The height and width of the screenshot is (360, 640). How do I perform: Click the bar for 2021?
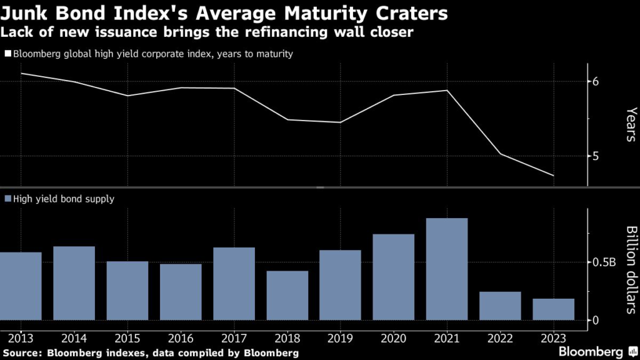pos(446,269)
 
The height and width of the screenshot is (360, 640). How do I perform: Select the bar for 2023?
pos(553,309)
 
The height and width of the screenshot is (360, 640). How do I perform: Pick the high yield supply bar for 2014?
pos(74,283)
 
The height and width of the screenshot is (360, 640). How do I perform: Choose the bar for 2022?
pos(500,306)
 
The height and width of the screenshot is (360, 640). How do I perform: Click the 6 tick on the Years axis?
pos(596,81)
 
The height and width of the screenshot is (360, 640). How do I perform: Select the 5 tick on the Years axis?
pos(596,156)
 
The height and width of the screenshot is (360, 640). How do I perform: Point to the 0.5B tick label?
pos(604,262)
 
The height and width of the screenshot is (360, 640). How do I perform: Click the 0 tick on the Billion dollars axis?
pos(596,320)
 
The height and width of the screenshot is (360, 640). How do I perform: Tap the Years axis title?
pos(631,124)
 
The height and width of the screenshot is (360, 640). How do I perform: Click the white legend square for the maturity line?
pos(8,54)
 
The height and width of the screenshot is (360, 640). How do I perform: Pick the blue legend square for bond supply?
pos(8,199)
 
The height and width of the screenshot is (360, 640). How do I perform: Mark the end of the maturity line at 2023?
pos(553,176)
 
